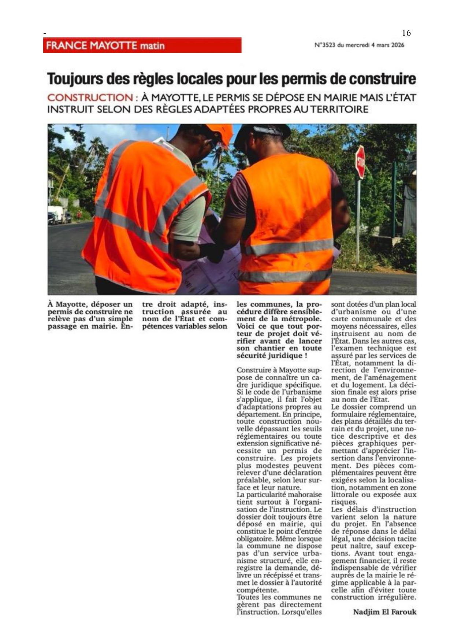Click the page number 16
coord(406,33)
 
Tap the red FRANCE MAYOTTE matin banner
coord(142,45)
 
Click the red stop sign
coord(360,162)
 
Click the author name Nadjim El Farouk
coord(384,612)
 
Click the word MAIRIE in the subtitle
coord(320,98)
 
